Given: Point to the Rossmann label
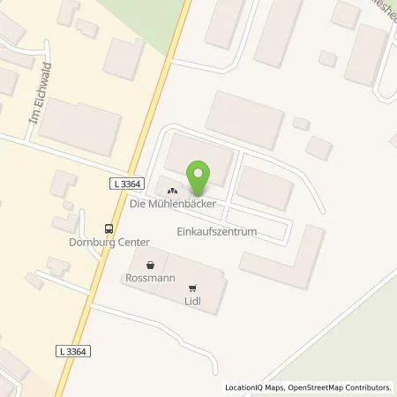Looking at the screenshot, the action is point(147,280).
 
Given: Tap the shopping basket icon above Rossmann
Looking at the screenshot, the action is point(150,264).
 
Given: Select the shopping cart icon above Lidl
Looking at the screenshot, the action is point(193,287).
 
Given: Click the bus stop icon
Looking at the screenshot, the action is point(109,225).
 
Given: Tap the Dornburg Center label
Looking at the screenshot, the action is point(106,241).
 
